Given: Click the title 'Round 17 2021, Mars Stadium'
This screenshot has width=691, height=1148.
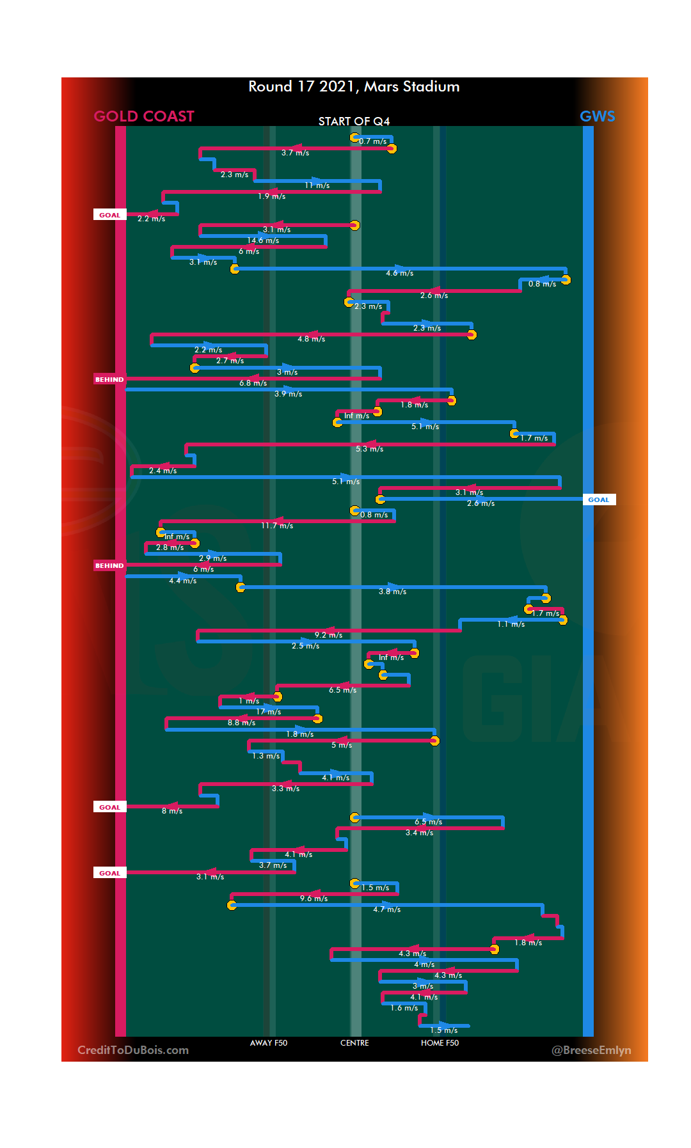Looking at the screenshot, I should point(354,86).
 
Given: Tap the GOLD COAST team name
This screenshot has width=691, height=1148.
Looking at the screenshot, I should point(144,116).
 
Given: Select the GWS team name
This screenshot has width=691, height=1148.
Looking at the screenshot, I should point(597,116).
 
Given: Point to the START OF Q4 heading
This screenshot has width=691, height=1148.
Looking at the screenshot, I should point(354,122).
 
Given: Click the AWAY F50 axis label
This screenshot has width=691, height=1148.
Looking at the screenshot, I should point(269,1043).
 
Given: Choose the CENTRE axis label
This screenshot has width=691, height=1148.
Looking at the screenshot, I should point(354,1043).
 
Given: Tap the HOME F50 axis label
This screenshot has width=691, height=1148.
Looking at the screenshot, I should point(440,1043).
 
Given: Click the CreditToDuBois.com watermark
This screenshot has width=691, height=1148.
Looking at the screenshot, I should point(133,1050).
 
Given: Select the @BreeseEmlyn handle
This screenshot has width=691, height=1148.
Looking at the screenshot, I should point(591,1050).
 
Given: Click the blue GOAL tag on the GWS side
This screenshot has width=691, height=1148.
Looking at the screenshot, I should point(599,500).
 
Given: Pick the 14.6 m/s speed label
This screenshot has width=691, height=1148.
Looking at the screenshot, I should point(263,240).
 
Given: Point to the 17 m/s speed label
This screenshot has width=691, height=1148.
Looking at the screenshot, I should point(269,712).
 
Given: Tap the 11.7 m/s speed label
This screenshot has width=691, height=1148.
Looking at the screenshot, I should point(277,526).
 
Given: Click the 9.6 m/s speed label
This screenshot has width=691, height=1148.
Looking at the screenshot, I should point(314,899).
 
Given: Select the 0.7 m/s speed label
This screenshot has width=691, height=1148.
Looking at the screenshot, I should point(372,141).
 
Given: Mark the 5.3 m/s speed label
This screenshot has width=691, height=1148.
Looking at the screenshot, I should point(370,449).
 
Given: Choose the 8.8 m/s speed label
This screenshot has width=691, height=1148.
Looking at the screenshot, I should point(241,723).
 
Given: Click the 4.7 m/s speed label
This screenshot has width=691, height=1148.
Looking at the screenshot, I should point(386,909).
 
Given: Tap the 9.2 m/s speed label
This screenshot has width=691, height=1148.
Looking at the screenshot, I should point(328,635).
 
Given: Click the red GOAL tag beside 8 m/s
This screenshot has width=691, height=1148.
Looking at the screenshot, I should point(109,807).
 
